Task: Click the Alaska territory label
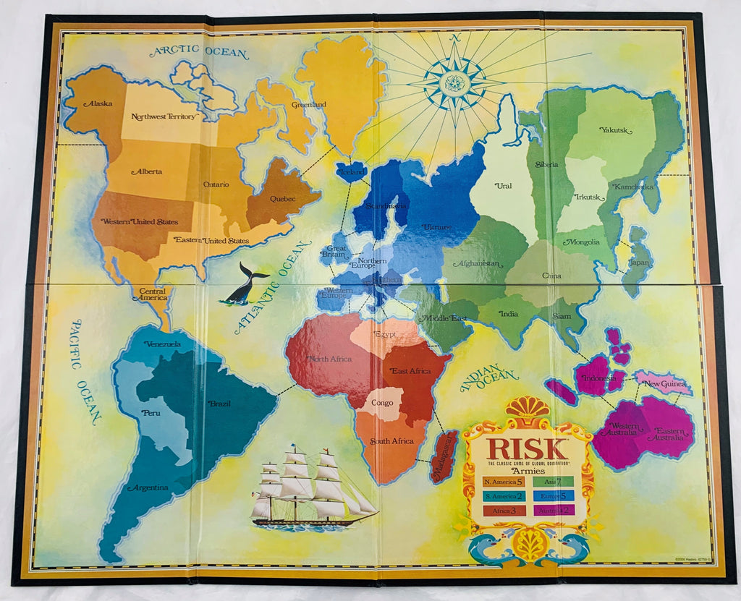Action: tap(98, 103)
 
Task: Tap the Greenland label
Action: tap(309, 105)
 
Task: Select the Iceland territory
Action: tap(351, 173)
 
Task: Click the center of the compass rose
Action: tap(457, 82)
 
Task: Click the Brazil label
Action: tap(220, 404)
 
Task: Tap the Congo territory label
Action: tap(382, 402)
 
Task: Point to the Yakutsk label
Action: tap(616, 130)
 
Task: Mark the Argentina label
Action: tap(148, 487)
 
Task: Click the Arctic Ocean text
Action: tap(199, 53)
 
